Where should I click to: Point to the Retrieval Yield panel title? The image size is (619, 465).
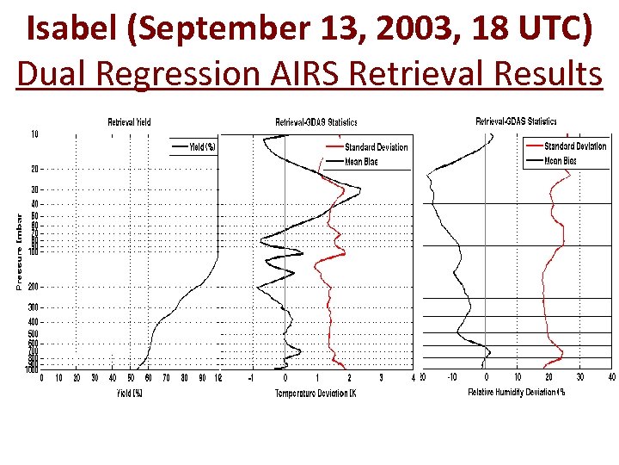pyautogui.click(x=129, y=122)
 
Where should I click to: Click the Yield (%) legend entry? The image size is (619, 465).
pyautogui.click(x=202, y=147)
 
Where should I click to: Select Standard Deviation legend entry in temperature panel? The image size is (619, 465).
pyautogui.click(x=377, y=147)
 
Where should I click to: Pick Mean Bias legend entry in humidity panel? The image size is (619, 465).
pyautogui.click(x=561, y=161)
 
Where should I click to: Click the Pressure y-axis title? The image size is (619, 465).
pyautogui.click(x=20, y=251)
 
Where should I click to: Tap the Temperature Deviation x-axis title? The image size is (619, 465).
pyautogui.click(x=316, y=394)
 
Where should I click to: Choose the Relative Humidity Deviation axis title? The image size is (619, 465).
pyautogui.click(x=516, y=393)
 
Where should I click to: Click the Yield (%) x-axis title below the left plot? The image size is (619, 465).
pyautogui.click(x=129, y=394)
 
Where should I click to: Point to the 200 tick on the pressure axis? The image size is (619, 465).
pyautogui.click(x=33, y=286)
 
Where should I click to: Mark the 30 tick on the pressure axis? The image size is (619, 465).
pyautogui.click(x=34, y=189)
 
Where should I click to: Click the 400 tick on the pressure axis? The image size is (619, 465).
pyautogui.click(x=33, y=321)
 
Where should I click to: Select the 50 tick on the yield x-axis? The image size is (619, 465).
pyautogui.click(x=131, y=377)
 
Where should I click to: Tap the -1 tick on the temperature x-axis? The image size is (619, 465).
pyautogui.click(x=250, y=377)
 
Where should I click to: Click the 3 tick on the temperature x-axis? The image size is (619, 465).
pyautogui.click(x=381, y=377)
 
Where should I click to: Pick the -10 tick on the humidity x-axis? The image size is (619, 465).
pyautogui.click(x=452, y=377)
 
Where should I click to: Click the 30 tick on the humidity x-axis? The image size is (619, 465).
pyautogui.click(x=580, y=377)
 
